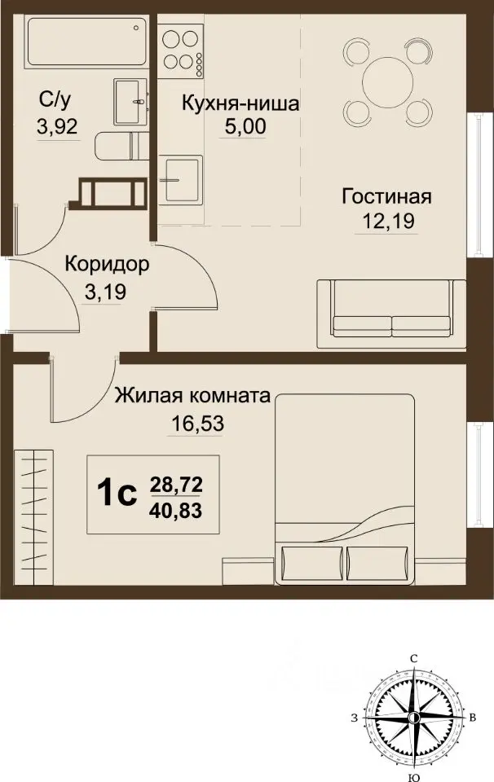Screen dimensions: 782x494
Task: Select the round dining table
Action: click(386, 81)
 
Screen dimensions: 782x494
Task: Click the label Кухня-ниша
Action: click(240, 104)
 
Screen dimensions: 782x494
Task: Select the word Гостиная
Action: click(386, 197)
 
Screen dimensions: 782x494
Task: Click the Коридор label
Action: click(107, 265)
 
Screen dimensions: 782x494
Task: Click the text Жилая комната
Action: click(192, 397)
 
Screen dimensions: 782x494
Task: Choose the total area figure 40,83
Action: click(177, 511)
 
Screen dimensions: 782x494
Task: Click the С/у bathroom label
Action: click(55, 101)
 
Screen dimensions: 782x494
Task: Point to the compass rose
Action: click(414, 717)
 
